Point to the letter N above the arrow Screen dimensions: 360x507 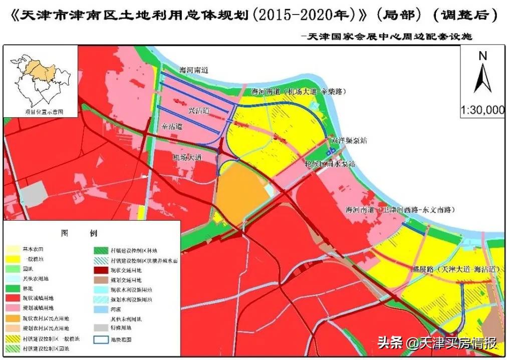(x=483, y=56)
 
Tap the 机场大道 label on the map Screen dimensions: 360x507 (x=186, y=157)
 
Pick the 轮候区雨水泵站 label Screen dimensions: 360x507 (x=330, y=163)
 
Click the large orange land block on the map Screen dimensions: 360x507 (x=240, y=193)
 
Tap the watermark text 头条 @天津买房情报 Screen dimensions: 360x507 (x=437, y=343)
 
